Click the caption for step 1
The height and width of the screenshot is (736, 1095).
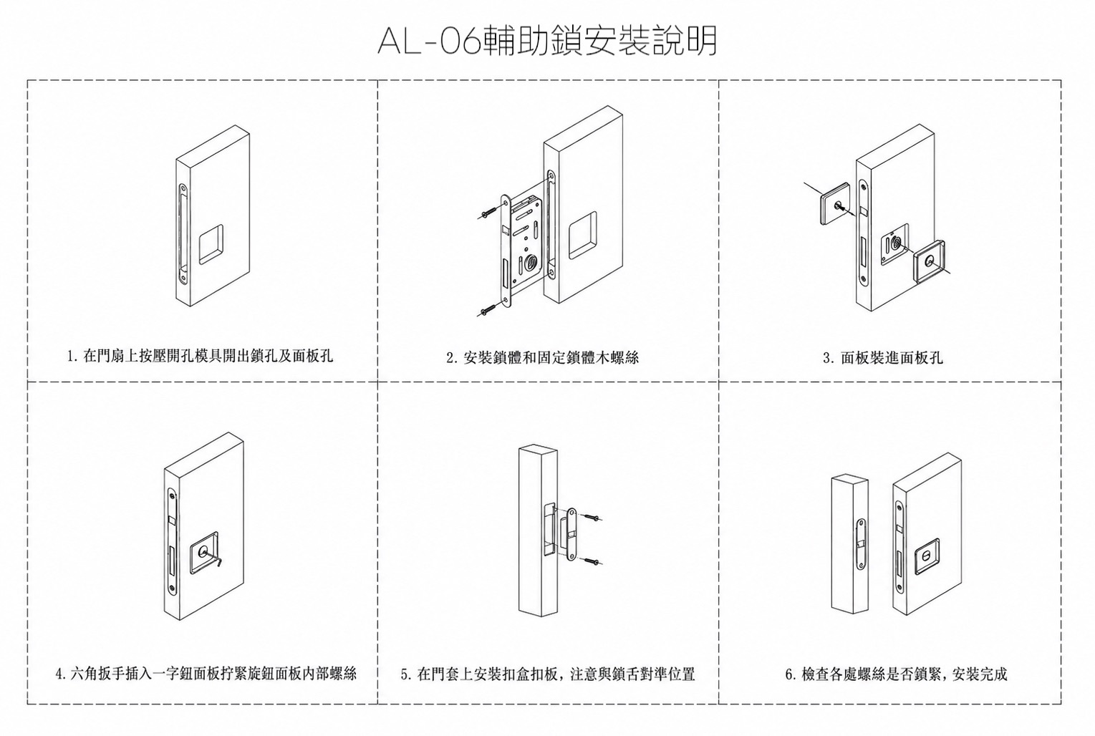tap(200, 356)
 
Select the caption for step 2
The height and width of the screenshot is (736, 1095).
tap(543, 358)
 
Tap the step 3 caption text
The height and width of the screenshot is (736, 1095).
tap(883, 358)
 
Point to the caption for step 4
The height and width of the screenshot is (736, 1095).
tap(206, 674)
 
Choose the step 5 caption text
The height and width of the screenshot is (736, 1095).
tap(548, 674)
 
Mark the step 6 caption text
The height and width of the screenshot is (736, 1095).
tap(896, 674)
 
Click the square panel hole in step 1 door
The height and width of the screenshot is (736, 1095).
tap(211, 244)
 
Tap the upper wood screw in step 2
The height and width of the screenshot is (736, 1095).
tap(487, 213)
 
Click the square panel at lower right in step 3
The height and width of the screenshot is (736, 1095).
tap(930, 262)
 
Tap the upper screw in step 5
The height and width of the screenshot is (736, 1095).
tap(592, 516)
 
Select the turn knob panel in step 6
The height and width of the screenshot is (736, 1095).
tap(927, 557)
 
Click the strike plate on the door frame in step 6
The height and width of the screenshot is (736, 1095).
tap(860, 544)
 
